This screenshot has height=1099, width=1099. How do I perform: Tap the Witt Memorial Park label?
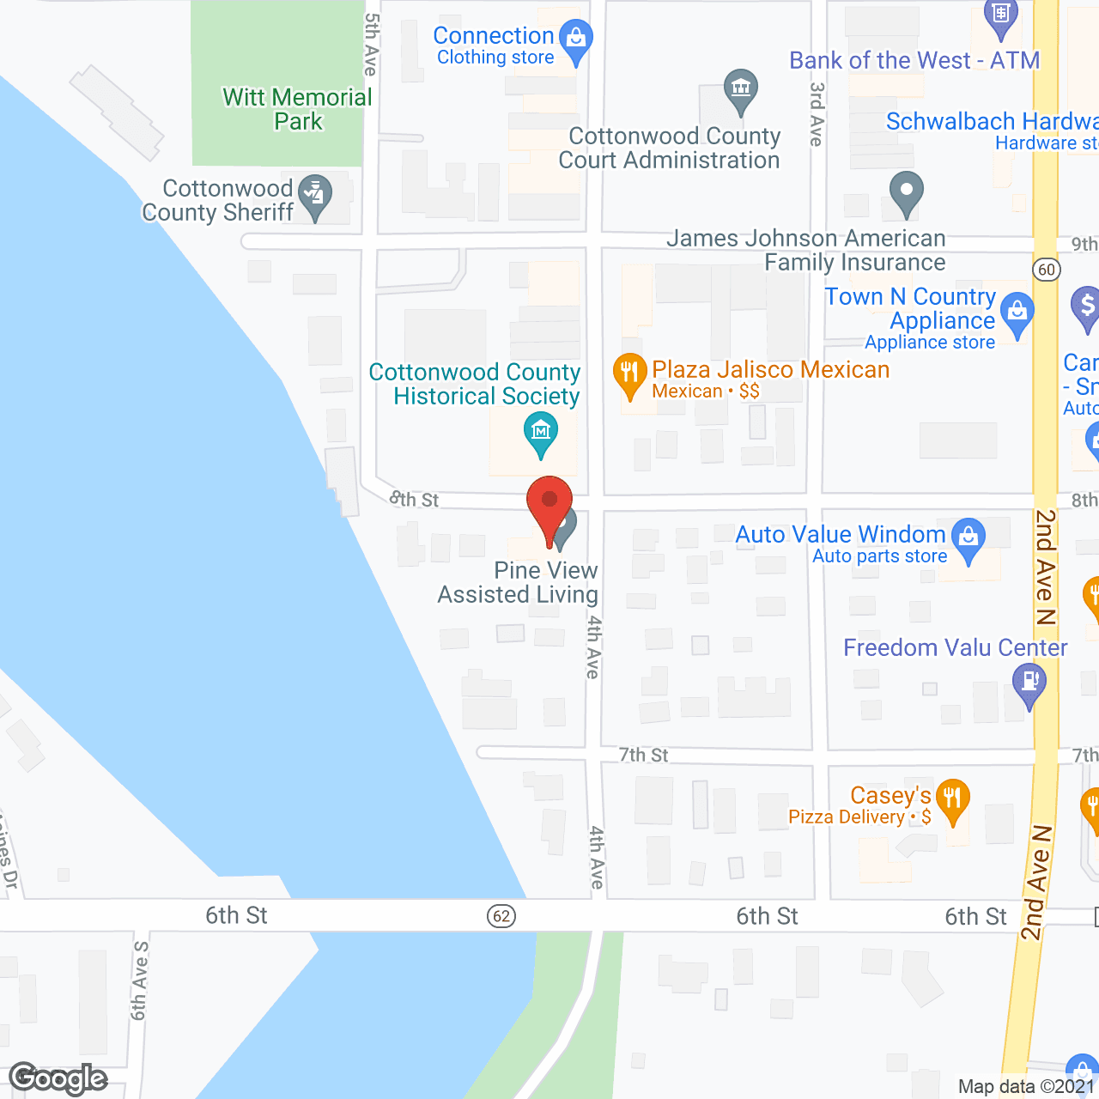click(297, 109)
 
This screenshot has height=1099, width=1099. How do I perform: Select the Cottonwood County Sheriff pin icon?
click(317, 197)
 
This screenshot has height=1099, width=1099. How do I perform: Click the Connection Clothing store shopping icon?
click(575, 41)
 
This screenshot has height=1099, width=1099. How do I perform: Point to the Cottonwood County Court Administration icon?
click(740, 90)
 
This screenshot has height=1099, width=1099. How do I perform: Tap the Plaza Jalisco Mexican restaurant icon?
click(629, 375)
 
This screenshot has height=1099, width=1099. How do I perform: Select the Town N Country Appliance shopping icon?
click(1017, 314)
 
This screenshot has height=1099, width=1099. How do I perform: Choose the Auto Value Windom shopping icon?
click(968, 539)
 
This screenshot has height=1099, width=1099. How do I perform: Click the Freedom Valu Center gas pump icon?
click(1029, 685)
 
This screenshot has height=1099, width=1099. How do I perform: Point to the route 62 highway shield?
click(502, 916)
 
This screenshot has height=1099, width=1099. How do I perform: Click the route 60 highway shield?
click(1046, 270)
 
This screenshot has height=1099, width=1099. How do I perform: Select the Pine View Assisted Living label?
click(519, 582)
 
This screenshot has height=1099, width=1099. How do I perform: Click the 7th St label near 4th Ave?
click(644, 755)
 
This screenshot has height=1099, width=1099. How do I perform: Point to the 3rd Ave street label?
click(817, 114)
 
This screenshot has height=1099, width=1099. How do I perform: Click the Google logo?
click(58, 1078)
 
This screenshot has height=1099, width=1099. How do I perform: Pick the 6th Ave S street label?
click(139, 981)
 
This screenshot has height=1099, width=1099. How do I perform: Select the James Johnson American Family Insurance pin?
click(906, 192)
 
